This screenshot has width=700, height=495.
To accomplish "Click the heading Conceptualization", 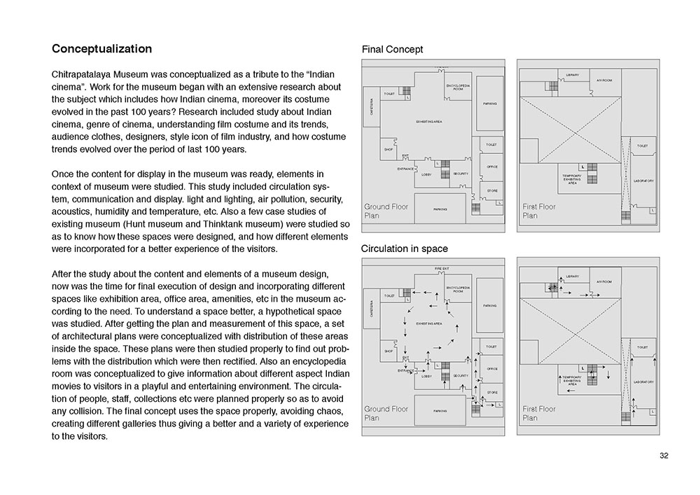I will (101, 50).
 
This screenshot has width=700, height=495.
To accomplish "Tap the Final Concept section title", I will (392, 50).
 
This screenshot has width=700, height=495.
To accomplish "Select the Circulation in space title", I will (404, 249).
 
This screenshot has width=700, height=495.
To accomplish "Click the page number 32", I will (664, 456).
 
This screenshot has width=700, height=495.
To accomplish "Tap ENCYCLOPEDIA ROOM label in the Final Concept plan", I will (458, 88).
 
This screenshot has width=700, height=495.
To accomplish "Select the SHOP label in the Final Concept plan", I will (388, 149).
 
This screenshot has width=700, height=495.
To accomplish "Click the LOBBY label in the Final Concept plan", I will (426, 175).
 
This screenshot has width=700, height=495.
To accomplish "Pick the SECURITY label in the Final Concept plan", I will (460, 173).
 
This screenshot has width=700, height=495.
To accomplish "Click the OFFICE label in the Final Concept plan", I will (491, 167).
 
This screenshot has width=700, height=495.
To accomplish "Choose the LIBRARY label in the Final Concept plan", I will (572, 75).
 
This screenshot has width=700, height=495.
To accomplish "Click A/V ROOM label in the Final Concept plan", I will (603, 81).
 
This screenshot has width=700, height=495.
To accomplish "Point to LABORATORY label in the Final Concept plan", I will (643, 181).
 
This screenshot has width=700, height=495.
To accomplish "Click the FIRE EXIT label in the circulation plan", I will (441, 268).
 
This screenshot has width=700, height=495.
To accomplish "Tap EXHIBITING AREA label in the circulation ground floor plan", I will (428, 323).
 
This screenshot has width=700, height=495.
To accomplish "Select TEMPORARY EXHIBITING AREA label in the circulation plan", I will (572, 380).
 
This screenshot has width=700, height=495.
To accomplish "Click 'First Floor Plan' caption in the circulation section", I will (539, 413).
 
